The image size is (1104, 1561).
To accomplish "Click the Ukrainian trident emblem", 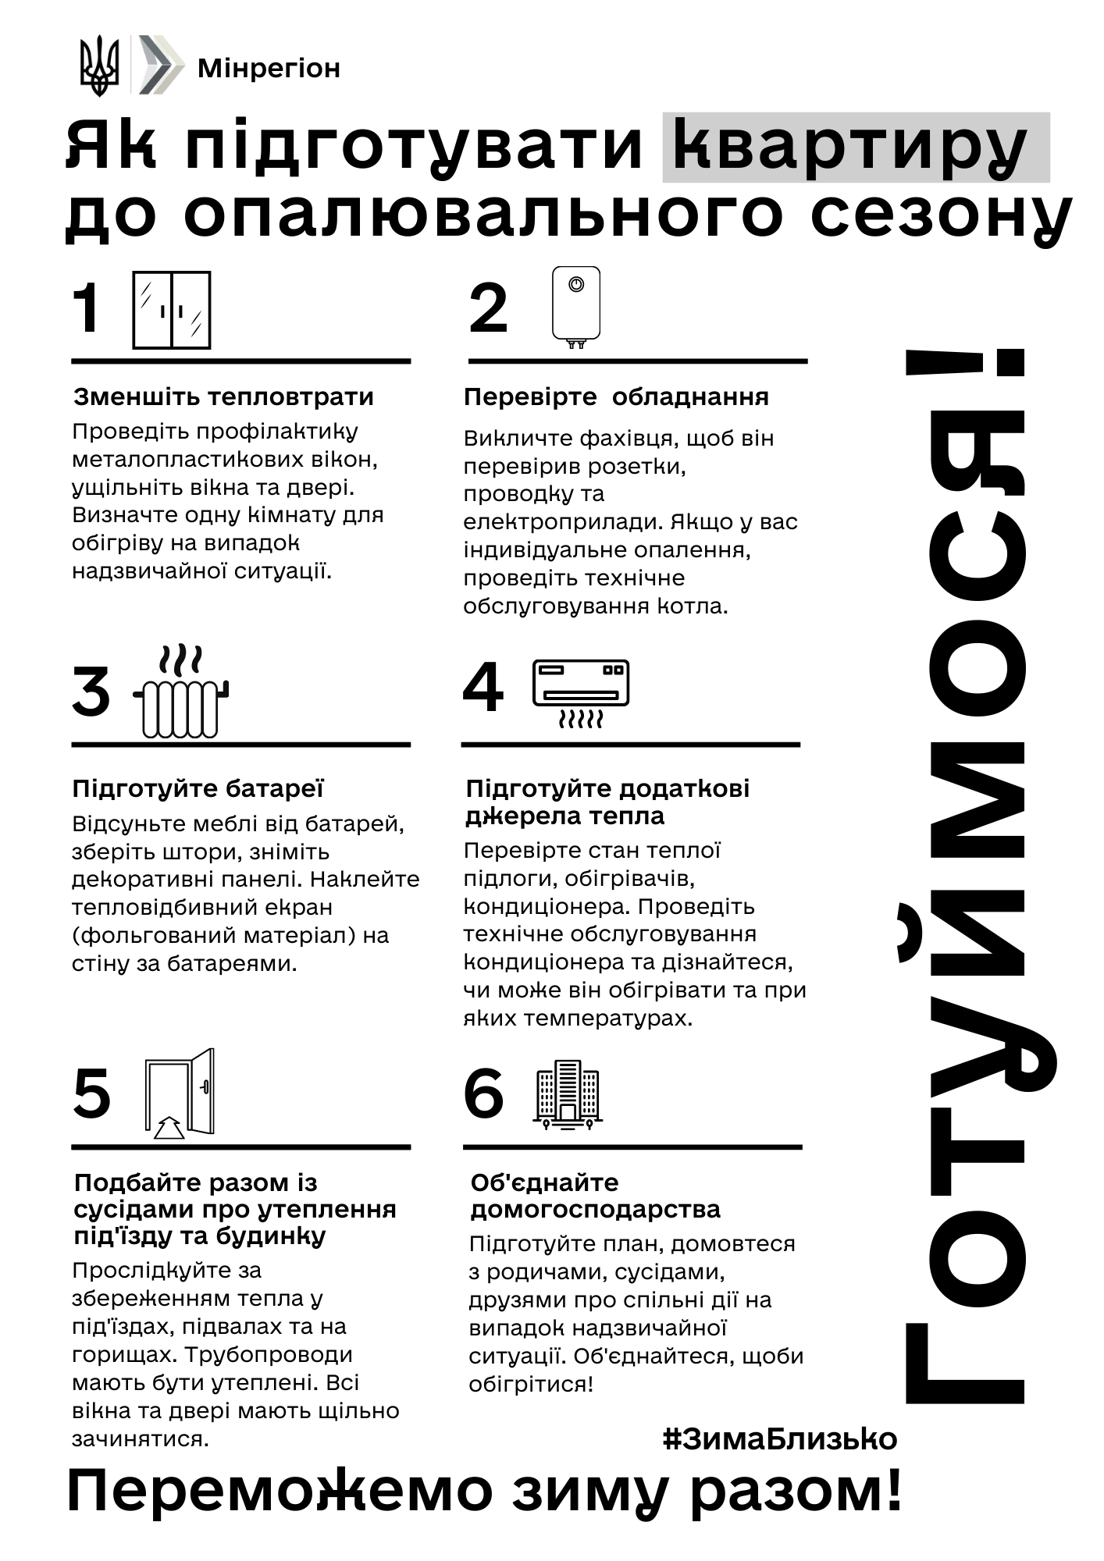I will click(99, 66).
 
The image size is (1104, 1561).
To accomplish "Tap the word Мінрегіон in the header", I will click(269, 69).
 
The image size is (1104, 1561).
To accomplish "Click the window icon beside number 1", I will click(172, 310).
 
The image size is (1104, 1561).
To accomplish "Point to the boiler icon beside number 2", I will click(576, 307).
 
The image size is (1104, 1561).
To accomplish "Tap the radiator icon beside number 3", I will click(181, 693).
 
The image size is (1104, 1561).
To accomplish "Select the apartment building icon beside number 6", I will click(568, 1095).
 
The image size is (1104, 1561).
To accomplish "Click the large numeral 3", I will click(91, 692).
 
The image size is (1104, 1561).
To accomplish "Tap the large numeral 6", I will click(483, 1093).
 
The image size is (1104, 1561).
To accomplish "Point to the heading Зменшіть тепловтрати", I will click(223, 397).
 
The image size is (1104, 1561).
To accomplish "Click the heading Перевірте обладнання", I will click(616, 397).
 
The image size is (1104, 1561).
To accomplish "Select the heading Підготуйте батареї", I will click(198, 788).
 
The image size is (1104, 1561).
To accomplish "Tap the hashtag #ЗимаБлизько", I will click(780, 1438).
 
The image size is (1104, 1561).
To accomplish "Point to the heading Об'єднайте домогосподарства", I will click(595, 1196).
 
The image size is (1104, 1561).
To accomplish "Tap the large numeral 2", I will click(489, 308).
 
